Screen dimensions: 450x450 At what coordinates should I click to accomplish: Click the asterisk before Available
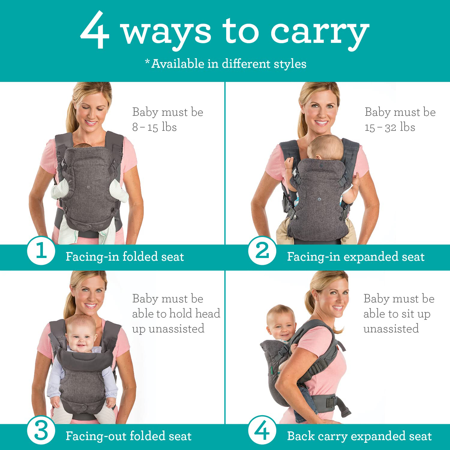coord(147,61)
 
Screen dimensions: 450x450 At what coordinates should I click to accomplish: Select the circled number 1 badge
coord(41,250)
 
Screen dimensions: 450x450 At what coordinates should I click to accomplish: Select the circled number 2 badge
coord(262,250)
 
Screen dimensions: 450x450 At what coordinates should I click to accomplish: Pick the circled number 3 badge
coord(41,431)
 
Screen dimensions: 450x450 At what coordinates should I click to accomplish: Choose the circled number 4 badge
coord(262,431)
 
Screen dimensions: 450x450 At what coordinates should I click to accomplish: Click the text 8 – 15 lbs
coord(154,127)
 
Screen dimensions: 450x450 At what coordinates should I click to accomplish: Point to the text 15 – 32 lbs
coord(390,127)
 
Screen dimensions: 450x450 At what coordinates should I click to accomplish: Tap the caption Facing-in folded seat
coord(125,257)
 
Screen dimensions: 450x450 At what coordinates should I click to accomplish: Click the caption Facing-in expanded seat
coord(356,257)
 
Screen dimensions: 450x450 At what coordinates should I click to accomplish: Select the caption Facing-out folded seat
coord(128,436)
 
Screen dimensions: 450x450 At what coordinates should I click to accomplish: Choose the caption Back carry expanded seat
coord(359,436)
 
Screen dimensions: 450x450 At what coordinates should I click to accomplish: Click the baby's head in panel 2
coord(325,147)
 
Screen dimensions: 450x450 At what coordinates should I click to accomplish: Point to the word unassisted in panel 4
coord(391,329)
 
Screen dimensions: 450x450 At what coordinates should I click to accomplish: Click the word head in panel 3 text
coord(208,313)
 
